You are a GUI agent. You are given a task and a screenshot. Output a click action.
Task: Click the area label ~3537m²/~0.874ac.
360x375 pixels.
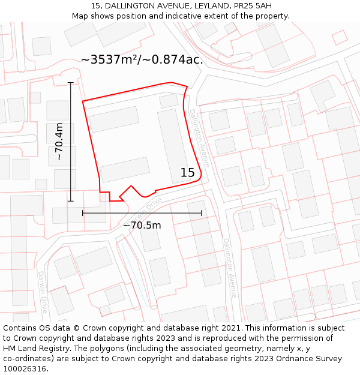[142, 59]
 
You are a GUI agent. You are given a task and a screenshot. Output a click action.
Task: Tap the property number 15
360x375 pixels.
[188, 173]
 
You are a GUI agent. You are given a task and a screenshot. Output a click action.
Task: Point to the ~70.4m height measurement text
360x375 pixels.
[59, 142]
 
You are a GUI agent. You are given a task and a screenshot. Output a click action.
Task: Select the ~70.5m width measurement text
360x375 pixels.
[142, 226]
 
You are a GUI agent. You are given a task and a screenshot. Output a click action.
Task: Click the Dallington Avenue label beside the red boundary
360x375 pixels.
[200, 137]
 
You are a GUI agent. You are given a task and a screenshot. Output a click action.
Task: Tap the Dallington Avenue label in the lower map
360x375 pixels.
[230, 268]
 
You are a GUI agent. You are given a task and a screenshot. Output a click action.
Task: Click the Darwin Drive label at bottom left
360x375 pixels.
[43, 292]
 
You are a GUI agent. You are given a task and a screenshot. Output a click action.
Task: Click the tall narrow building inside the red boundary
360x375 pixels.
[173, 145]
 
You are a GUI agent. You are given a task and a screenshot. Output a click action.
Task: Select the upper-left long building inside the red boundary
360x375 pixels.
[114, 119]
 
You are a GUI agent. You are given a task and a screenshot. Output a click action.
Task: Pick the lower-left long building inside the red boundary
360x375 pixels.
[125, 169]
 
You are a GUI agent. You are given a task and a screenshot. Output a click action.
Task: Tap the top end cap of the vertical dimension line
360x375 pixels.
[71, 83]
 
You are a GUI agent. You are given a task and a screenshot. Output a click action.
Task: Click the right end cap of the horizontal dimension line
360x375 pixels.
[201, 212]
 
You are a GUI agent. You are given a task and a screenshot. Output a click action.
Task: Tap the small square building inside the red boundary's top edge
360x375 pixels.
[169, 101]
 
